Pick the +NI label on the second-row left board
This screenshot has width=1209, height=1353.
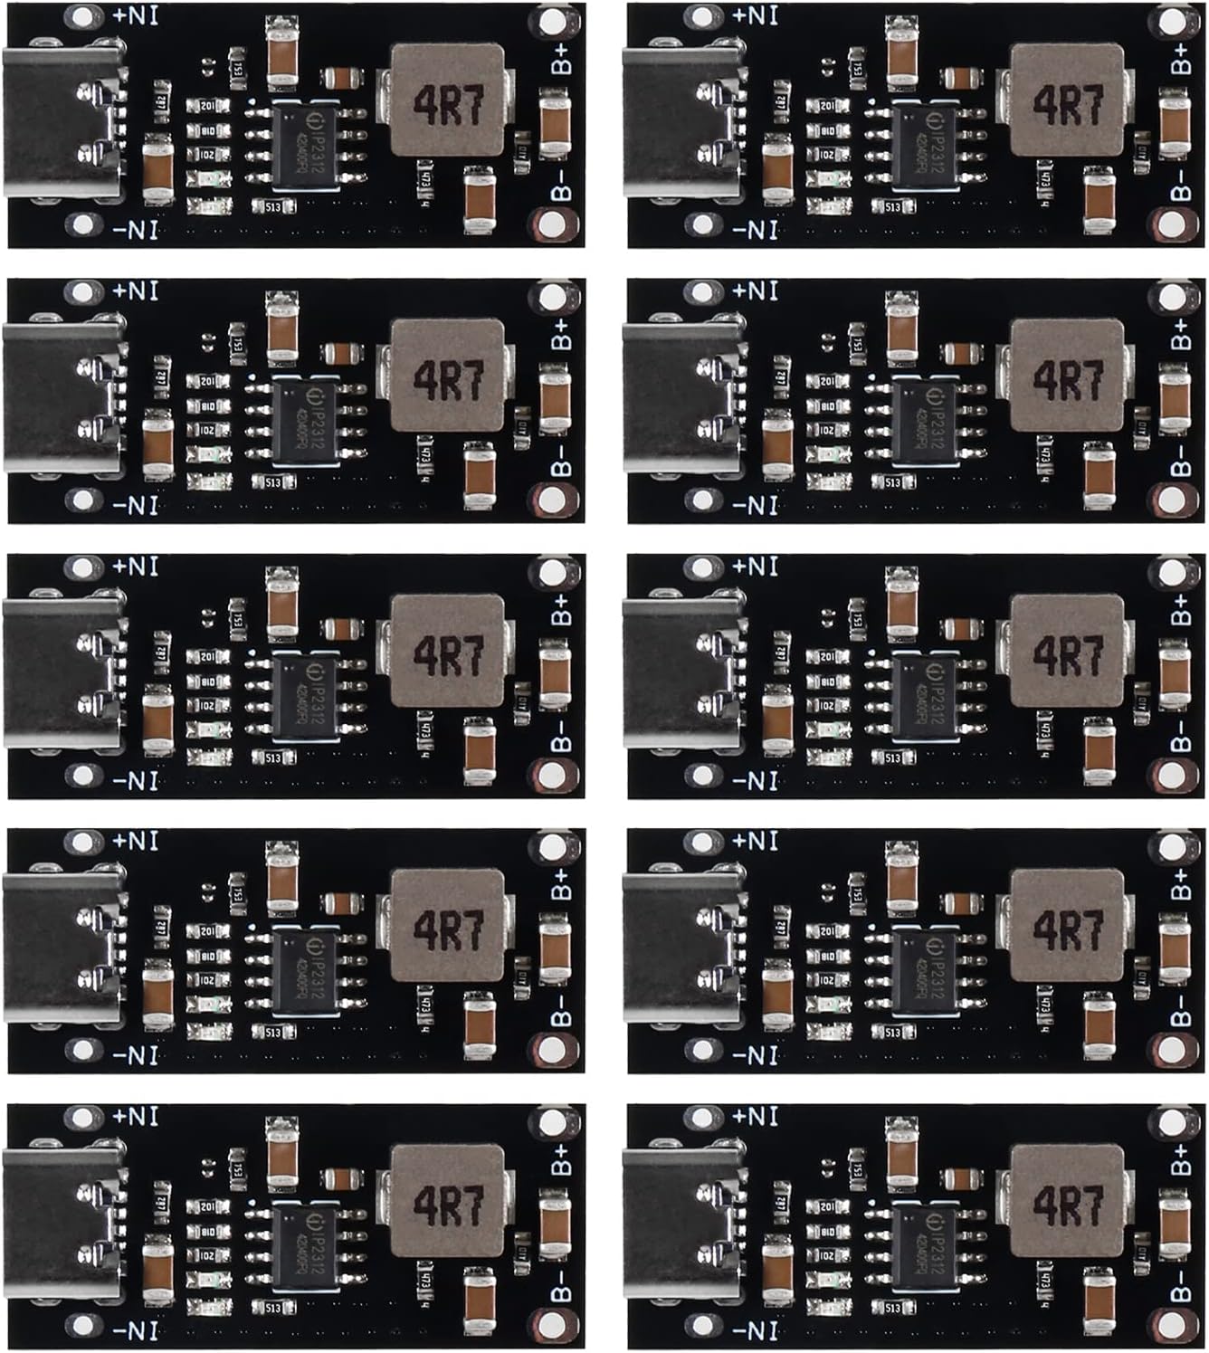136,291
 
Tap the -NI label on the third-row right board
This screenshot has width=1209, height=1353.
755,780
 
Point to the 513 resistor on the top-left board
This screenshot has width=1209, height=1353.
274,207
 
